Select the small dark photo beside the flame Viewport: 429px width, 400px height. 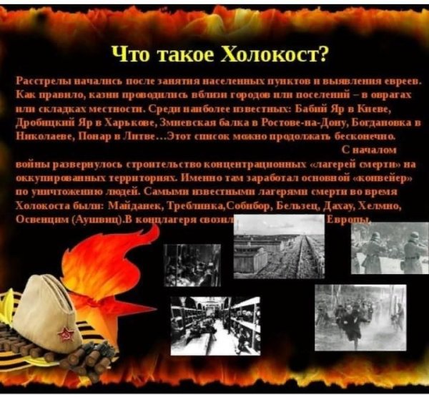click(192, 265)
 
